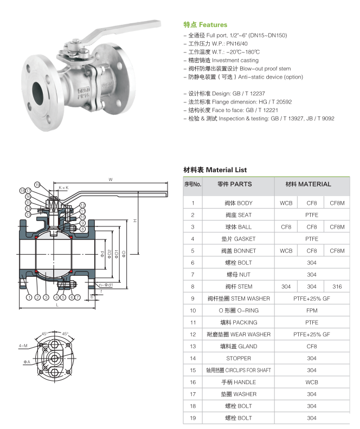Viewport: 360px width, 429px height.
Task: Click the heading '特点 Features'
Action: (x=205, y=25)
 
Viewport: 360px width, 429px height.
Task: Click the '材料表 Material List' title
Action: (x=215, y=170)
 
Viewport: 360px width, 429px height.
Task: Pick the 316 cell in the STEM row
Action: (x=337, y=287)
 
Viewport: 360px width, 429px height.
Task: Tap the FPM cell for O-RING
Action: (x=311, y=310)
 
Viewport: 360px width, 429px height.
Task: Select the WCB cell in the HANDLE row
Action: (x=311, y=382)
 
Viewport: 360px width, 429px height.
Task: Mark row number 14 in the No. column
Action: (x=192, y=358)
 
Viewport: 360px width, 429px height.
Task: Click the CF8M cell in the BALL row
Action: (x=337, y=227)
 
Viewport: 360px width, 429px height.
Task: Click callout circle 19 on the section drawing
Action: (x=37, y=185)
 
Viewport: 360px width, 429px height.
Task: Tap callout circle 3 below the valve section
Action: (x=47, y=297)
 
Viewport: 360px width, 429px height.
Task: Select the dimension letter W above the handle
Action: (x=110, y=179)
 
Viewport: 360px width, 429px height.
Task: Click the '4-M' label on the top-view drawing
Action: (x=23, y=344)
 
